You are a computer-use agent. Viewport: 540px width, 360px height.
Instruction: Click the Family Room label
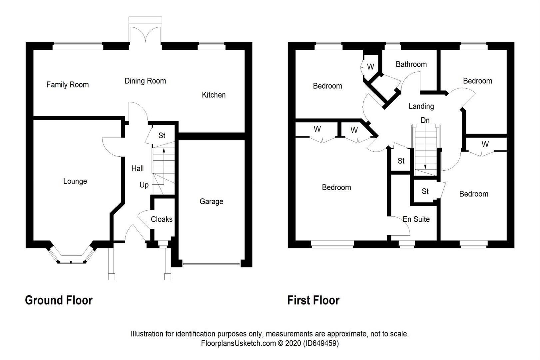[68, 85]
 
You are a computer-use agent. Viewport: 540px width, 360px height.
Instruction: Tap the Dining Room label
[145, 81]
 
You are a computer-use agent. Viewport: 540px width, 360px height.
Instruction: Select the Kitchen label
[214, 95]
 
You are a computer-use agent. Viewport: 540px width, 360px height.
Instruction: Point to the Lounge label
[75, 181]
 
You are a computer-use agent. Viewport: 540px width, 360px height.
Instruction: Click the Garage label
[211, 201]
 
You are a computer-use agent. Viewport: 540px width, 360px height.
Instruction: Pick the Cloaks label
[162, 219]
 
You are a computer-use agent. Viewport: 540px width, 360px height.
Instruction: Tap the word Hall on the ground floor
[137, 169]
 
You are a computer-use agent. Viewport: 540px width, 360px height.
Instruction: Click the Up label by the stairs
[144, 185]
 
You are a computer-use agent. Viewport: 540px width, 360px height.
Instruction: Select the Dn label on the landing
[425, 120]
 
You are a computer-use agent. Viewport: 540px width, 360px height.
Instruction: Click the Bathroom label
[411, 64]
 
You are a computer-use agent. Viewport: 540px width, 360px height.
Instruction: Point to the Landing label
[421, 106]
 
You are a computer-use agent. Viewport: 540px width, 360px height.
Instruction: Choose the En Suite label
[416, 219]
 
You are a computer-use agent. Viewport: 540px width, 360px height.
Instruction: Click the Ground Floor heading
[59, 300]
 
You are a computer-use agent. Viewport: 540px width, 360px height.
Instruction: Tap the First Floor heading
[313, 300]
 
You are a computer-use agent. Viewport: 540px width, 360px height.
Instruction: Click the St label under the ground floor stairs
[162, 136]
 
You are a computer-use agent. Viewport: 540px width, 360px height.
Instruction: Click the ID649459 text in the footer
[320, 343]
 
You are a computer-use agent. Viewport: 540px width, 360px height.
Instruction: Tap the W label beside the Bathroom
[370, 67]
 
